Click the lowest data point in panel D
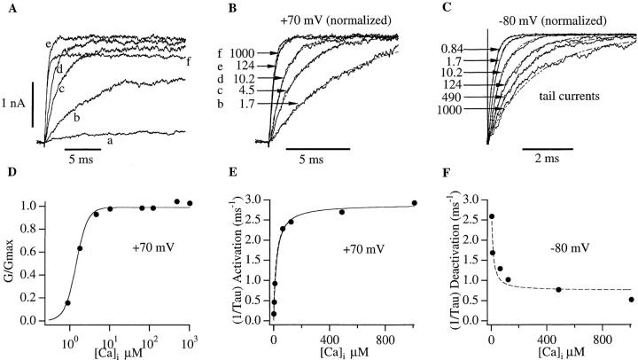coord(68,302)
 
